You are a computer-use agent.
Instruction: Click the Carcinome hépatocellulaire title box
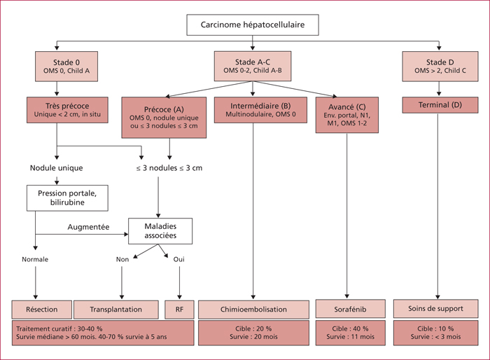(x=253, y=25)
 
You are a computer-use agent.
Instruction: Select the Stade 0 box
(x=66, y=67)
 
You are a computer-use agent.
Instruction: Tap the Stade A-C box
(x=253, y=66)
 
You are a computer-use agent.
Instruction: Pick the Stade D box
(x=440, y=67)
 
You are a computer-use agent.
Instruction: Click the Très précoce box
(x=67, y=110)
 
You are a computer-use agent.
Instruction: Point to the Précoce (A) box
(x=164, y=117)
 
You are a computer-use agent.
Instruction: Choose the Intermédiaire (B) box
(x=260, y=110)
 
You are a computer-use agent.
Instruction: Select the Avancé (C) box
(x=347, y=115)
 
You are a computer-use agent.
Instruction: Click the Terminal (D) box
(x=440, y=105)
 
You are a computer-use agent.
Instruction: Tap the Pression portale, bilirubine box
(x=67, y=198)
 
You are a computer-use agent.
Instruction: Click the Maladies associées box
(x=160, y=231)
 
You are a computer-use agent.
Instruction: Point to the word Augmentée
(x=88, y=227)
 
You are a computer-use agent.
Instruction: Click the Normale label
(x=35, y=259)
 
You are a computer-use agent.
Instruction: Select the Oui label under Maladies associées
(x=179, y=259)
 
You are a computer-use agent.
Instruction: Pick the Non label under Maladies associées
(x=122, y=259)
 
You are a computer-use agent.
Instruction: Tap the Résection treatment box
(x=41, y=310)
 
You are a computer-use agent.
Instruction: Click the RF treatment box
(x=179, y=310)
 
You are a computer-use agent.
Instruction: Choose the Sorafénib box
(x=350, y=309)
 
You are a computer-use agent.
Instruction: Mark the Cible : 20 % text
(x=253, y=328)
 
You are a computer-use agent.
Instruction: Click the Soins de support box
(x=435, y=309)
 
